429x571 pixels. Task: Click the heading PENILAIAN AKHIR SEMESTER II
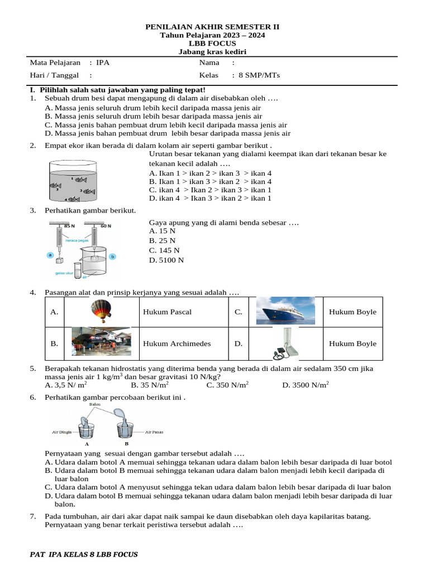coord(213,26)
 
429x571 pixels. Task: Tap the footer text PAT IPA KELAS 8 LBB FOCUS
coord(83,554)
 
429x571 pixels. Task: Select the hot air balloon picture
coord(101,311)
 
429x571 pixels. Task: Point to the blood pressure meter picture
coord(284,343)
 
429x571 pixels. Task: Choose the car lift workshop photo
coord(101,342)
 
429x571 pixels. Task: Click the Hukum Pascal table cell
coord(167,312)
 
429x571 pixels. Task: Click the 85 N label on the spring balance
coord(69,226)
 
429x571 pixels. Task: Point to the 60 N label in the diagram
coord(106,226)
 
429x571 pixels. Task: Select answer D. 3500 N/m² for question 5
coord(306,385)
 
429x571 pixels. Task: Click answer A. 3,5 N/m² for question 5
coord(65,385)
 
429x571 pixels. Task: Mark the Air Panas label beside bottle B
coord(154,432)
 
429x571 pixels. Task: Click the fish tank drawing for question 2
coord(73,181)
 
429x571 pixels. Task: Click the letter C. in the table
coord(238,312)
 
